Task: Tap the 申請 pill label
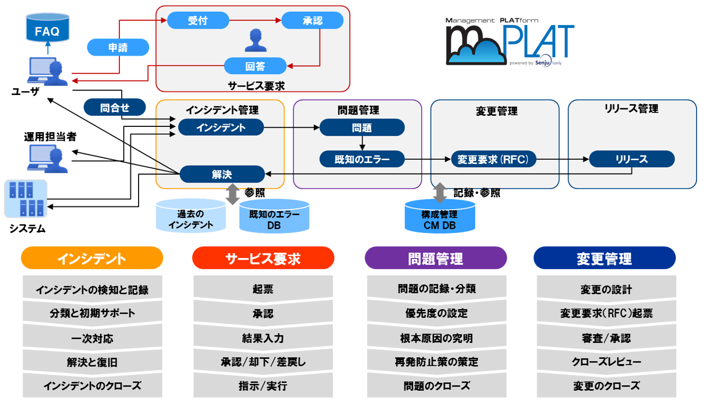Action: pos(118,48)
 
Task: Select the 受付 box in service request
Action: pos(197,21)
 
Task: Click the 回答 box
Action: pos(255,66)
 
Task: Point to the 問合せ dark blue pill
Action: pos(115,108)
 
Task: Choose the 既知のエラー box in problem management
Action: pos(362,159)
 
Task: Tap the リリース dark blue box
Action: pos(632,159)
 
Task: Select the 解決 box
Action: pos(222,174)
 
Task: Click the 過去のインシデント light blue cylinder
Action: pos(191,216)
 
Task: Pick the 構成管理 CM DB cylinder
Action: pos(440,216)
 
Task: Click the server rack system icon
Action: pos(26,199)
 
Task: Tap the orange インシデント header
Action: pos(92,258)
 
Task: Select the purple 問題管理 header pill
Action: pos(436,258)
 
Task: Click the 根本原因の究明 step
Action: pos(436,338)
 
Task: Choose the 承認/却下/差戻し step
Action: pos(263,362)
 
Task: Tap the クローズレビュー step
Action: pos(606,362)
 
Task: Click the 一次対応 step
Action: pos(92,338)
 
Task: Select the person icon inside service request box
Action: pos(255,40)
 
